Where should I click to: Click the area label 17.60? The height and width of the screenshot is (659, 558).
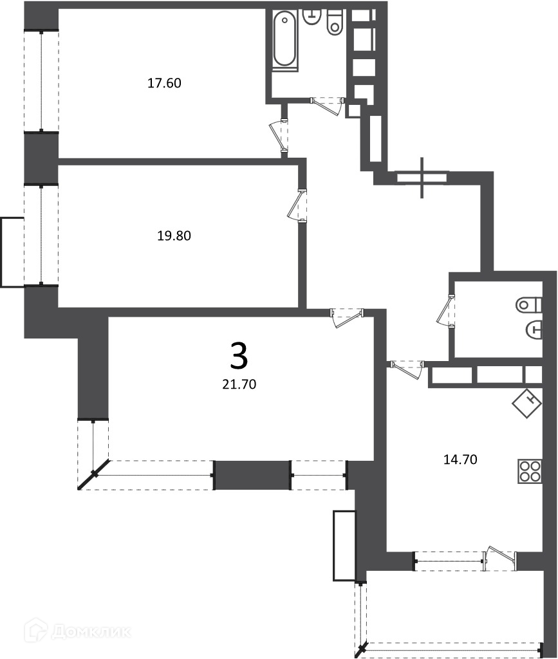(x=164, y=83)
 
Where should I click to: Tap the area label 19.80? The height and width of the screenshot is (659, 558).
(x=174, y=236)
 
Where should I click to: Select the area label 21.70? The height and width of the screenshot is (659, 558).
(x=239, y=384)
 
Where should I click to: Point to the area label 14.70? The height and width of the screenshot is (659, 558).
(x=461, y=459)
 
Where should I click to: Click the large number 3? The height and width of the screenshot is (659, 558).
(x=239, y=355)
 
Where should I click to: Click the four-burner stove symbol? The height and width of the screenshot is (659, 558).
(x=530, y=471)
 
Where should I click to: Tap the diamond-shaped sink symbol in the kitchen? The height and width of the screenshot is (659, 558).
(x=527, y=404)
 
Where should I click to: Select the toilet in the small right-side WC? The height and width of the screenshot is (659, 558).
(x=529, y=304)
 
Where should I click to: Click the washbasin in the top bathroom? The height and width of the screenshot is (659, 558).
(x=312, y=17)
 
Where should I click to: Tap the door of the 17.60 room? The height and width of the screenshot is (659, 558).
(x=279, y=136)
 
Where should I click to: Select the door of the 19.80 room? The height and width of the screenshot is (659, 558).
(x=297, y=206)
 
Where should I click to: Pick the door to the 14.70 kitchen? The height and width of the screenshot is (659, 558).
(x=406, y=369)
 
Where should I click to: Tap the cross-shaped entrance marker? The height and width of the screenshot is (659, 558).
(x=422, y=178)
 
